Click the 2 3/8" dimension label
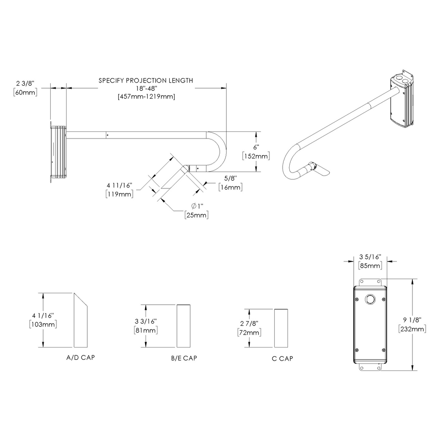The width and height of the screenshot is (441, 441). click(26, 83)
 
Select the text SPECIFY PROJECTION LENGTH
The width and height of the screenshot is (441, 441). click(146, 80)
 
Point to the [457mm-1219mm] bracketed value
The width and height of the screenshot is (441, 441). click(146, 97)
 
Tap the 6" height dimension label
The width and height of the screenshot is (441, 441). click(255, 148)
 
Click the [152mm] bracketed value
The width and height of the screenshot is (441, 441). click(256, 156)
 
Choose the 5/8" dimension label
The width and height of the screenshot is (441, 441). click(230, 179)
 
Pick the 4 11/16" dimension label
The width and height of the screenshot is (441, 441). click(119, 185)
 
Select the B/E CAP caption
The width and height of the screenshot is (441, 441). click(184, 358)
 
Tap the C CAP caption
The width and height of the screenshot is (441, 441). click(282, 358)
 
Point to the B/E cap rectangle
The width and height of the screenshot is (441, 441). click(183, 326)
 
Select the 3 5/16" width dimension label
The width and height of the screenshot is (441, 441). click(370, 257)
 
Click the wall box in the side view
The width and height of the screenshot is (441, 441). click(58, 152)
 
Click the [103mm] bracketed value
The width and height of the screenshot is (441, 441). click(43, 324)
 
